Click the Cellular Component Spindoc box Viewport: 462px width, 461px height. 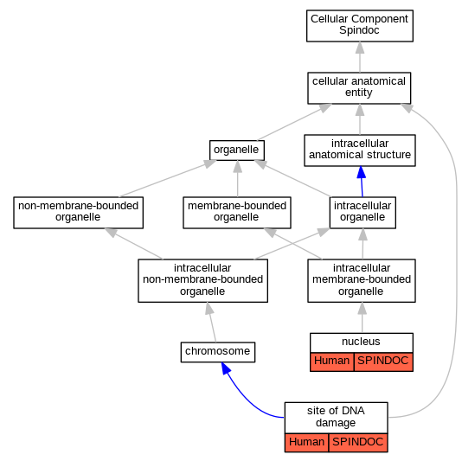(359, 26)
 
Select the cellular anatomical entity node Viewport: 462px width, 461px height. (359, 88)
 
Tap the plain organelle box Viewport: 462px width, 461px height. (236, 150)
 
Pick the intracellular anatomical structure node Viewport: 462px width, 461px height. (359, 150)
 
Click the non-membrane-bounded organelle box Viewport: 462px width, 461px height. (78, 213)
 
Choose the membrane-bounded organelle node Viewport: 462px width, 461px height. (237, 213)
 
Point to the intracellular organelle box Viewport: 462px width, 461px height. (363, 213)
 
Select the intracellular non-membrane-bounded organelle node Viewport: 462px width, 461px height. (202, 281)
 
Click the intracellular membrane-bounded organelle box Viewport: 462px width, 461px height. (362, 281)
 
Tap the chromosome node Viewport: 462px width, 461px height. (218, 352)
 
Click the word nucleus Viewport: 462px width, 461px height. (361, 342)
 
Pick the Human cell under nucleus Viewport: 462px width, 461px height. (331, 362)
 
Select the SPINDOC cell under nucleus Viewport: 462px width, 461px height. (383, 362)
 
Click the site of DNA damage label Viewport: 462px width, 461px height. (336, 417)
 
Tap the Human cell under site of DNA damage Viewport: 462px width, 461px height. (306, 442)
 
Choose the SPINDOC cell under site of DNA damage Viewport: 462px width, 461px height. (358, 442)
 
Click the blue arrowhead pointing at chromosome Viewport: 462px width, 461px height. (226, 368)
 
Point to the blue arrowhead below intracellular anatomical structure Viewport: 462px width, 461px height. (362, 172)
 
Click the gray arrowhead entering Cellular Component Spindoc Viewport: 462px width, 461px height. (360, 48)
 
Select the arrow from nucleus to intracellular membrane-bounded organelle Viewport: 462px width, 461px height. (363, 317)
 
